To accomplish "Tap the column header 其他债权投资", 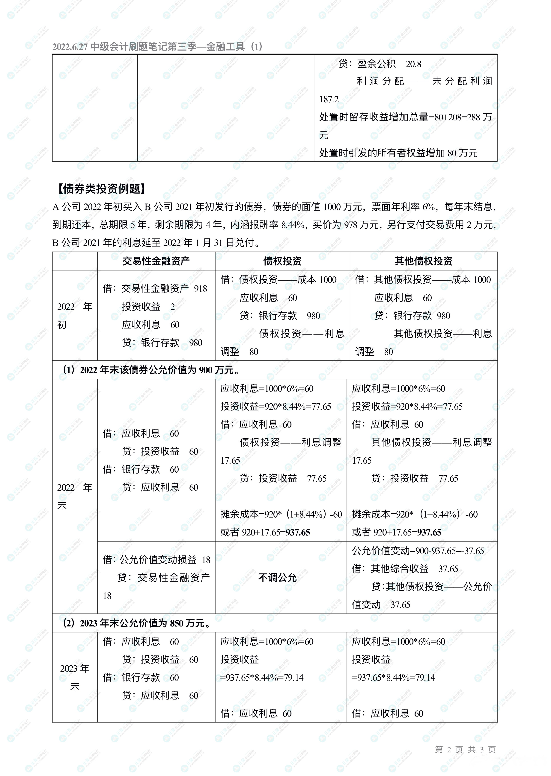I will coord(423,261).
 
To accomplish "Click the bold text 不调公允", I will coord(277,577).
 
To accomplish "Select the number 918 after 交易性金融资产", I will coord(201,289).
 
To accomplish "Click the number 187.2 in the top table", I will coord(329,99).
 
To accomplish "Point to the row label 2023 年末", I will coord(75,677).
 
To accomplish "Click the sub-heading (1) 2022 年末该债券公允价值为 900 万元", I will coord(151,370).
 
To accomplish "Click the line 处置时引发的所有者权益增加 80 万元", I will coord(398,153).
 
